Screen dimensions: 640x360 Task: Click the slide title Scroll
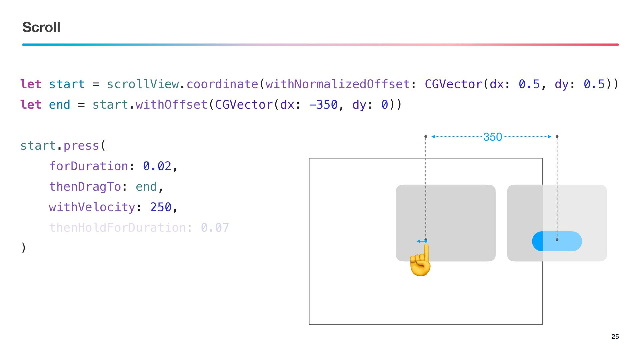(41, 27)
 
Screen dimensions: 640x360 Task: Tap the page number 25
(615, 337)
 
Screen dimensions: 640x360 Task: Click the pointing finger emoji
(421, 261)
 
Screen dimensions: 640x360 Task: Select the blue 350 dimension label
(492, 137)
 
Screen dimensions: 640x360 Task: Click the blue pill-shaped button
(557, 241)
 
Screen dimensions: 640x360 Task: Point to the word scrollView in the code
(143, 84)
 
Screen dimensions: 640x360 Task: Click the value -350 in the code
(323, 105)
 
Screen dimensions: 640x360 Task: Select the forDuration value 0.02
(157, 166)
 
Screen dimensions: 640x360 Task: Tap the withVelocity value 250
(161, 207)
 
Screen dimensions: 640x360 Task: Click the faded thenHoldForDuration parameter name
(118, 228)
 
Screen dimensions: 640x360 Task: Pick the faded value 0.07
(215, 228)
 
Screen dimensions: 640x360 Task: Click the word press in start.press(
(81, 146)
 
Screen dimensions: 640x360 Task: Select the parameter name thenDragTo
(85, 187)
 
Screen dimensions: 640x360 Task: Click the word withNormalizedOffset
(337, 84)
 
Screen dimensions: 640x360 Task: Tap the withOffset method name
(171, 105)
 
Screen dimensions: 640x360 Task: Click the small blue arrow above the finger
(421, 241)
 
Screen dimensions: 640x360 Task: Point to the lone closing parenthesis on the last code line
(23, 248)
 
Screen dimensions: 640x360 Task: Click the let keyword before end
(31, 105)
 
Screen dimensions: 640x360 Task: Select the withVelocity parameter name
(92, 207)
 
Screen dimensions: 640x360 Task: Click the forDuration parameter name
(89, 166)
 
